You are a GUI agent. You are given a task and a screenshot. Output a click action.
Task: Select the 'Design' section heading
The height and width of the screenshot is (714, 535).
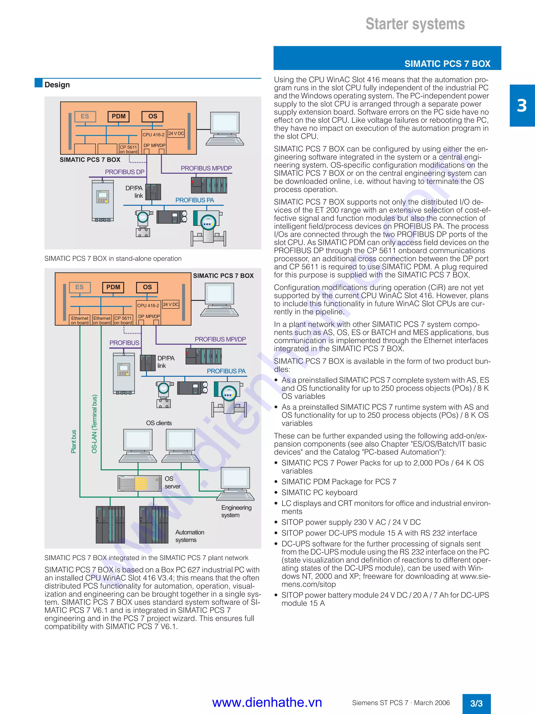[x=57, y=85]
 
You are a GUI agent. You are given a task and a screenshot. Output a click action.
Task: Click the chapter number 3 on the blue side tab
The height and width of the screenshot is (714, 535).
[x=522, y=106]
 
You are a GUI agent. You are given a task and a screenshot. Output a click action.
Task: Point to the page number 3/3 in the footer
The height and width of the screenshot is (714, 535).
[x=476, y=703]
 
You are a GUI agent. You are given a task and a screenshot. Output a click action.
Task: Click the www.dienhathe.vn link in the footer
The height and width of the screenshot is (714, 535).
[x=267, y=703]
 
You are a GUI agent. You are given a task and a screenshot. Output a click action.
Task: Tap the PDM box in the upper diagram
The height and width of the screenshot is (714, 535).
[x=118, y=117]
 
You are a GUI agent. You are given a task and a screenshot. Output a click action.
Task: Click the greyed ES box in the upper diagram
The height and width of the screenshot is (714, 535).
[x=85, y=117]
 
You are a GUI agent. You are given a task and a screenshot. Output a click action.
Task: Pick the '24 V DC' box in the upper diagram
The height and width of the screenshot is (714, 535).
[x=176, y=133]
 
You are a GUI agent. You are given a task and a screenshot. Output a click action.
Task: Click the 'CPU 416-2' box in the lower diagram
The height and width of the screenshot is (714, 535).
[x=148, y=305]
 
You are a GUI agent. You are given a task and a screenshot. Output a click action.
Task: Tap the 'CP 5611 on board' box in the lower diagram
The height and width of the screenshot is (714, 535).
[x=123, y=320]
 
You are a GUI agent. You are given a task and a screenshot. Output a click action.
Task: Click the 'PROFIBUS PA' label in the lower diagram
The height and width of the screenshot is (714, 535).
[x=226, y=371]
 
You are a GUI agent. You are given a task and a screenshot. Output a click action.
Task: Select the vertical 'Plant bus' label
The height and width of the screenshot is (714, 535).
[x=74, y=441]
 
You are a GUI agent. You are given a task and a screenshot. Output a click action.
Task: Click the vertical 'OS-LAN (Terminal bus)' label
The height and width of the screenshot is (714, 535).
[x=94, y=424]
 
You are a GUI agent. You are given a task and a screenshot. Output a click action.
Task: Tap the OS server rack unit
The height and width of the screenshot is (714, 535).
[x=139, y=483]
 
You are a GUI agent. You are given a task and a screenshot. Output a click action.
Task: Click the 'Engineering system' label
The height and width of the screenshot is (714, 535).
[x=236, y=511]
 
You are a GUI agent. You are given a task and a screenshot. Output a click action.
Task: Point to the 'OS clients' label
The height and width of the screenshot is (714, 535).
[x=159, y=423]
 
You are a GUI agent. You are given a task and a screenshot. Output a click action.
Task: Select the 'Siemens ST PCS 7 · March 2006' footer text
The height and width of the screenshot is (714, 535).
[x=401, y=703]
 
